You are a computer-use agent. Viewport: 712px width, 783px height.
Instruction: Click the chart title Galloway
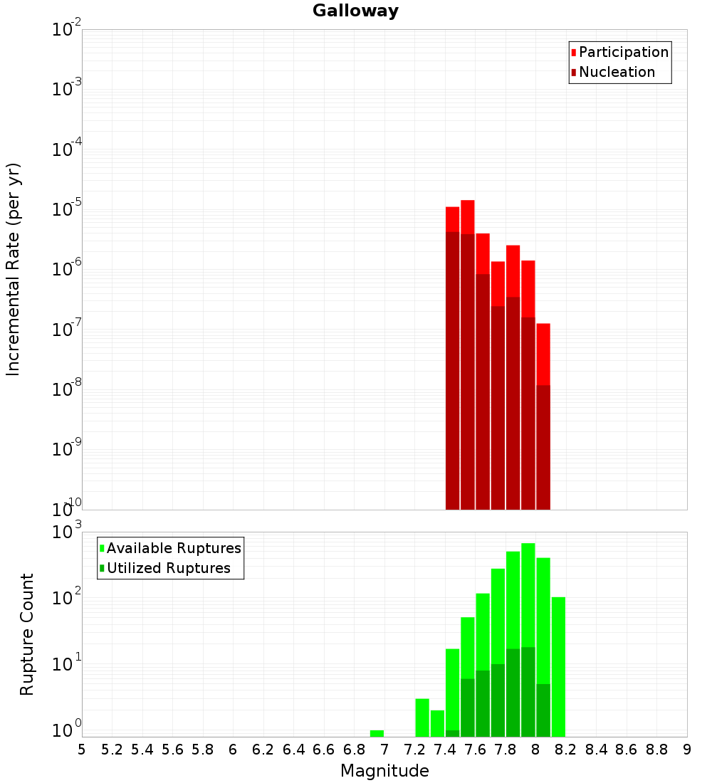(355, 11)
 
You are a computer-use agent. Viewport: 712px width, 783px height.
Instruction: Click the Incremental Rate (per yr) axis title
(14, 269)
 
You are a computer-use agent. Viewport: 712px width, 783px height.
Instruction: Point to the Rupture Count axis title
(27, 634)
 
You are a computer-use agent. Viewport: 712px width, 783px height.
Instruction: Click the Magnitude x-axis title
(384, 771)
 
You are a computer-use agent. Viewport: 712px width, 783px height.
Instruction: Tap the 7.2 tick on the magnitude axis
(414, 750)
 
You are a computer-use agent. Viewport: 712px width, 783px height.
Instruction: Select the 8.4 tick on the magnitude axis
(596, 750)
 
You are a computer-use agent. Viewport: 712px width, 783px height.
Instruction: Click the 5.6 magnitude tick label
(172, 750)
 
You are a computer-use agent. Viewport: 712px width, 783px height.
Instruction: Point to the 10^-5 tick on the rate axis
(68, 209)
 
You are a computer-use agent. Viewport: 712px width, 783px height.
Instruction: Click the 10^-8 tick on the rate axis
(68, 389)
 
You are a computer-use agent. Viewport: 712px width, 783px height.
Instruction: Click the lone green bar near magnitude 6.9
(377, 733)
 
